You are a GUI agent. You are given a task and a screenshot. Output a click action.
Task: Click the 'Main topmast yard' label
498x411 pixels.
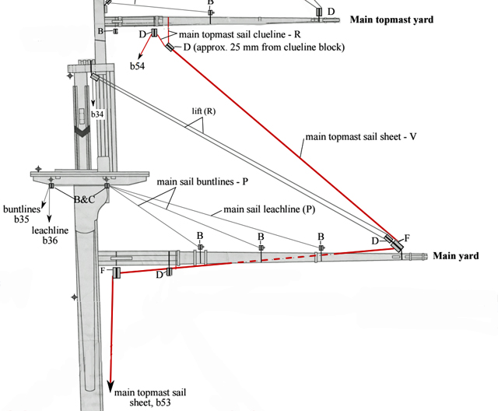coord(391,19)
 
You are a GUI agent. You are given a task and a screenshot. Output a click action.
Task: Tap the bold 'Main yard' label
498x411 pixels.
coord(455,255)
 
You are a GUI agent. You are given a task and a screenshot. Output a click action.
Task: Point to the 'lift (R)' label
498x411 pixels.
coord(203,111)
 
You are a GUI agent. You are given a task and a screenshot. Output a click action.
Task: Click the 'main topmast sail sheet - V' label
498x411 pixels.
coord(361,136)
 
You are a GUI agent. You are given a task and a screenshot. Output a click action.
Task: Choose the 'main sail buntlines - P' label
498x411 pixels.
coord(202,181)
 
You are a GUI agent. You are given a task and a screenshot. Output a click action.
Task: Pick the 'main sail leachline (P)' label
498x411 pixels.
coord(269,209)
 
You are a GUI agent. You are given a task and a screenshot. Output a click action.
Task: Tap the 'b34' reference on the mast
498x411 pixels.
coord(97,114)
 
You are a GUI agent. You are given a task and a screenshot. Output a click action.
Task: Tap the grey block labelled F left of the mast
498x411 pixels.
coord(115,272)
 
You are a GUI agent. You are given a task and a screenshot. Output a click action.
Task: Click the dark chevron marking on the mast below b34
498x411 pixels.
coord(82,132)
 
